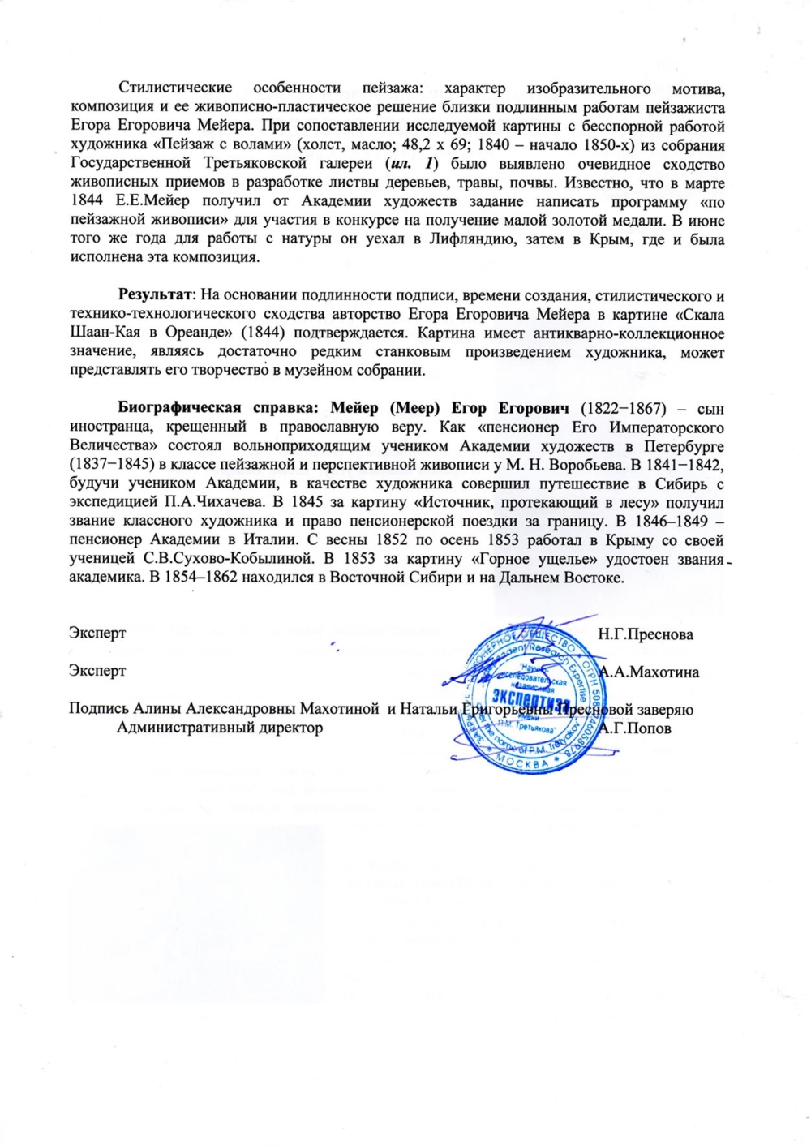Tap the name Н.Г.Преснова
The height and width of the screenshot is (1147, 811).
pos(646,634)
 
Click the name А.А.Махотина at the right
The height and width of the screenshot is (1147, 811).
pos(649,672)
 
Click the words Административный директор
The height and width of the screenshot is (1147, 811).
pos(220,728)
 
